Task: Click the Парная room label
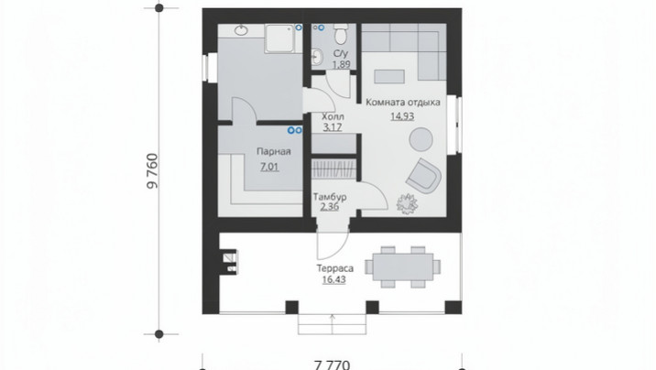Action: pos(274,151)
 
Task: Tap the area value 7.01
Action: pos(269,168)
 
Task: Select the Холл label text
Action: pos(333,116)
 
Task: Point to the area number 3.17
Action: pos(333,126)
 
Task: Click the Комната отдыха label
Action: pos(403,102)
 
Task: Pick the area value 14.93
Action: pos(402,115)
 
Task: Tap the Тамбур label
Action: pos(330,197)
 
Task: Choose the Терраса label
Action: pos(334,268)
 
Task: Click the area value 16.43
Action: pos(333,279)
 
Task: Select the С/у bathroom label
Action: pos(341,54)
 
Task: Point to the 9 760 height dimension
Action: pos(153,171)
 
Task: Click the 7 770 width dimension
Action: pos(333,365)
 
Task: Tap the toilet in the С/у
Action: pos(341,34)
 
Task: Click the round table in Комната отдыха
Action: pos(421,139)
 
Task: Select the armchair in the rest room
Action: pos(423,176)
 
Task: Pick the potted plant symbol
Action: pos(407,204)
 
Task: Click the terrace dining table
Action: pos(403,267)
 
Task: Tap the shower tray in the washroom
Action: pos(279,38)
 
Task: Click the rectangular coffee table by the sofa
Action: pos(389,77)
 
